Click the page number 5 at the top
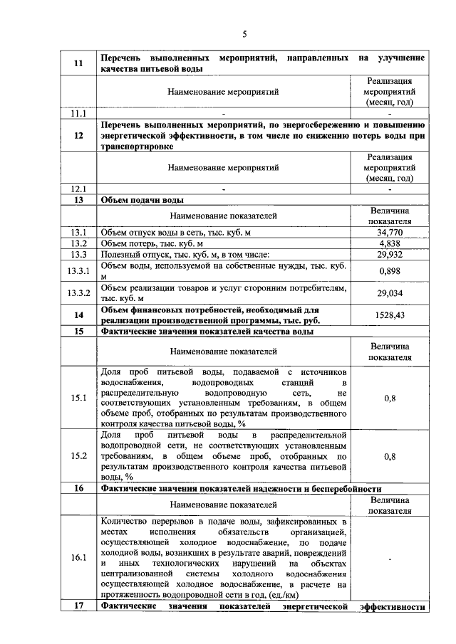pyautogui.click(x=244, y=33)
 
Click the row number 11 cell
pyautogui.click(x=78, y=63)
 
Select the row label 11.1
pyautogui.click(x=78, y=113)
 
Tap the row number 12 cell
pyautogui.click(x=78, y=135)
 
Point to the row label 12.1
pyautogui.click(x=78, y=189)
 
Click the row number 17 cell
pyautogui.click(x=78, y=606)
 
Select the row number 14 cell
pyautogui.click(x=78, y=315)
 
